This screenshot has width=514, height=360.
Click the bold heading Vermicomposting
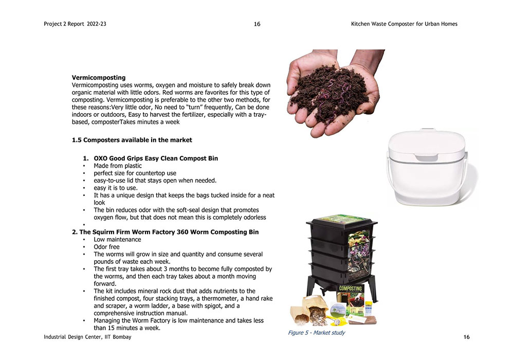(x=98, y=78)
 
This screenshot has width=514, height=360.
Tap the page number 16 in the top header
(x=257, y=24)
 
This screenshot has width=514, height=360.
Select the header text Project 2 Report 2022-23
(x=75, y=24)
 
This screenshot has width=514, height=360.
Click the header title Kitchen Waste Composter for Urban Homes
(x=404, y=24)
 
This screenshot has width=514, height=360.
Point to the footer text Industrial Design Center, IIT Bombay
(x=87, y=337)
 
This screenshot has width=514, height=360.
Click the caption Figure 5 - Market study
(x=316, y=333)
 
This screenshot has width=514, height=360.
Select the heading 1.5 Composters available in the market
(x=132, y=140)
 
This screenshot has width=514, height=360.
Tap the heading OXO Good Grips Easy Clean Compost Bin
(x=156, y=158)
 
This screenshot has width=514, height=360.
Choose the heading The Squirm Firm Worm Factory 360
(x=165, y=232)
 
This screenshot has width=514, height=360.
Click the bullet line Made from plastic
(x=118, y=166)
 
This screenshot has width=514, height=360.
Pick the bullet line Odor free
(x=107, y=247)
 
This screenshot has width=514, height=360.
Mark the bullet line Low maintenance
(x=117, y=240)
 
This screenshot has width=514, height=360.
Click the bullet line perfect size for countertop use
(x=135, y=173)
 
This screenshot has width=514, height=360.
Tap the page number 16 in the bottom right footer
(x=466, y=337)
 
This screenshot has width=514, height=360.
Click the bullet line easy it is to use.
(x=115, y=188)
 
